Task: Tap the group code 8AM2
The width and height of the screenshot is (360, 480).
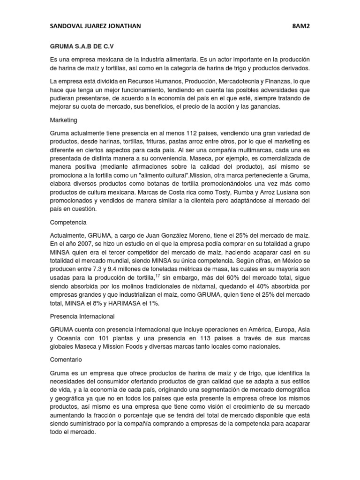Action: pos(300,26)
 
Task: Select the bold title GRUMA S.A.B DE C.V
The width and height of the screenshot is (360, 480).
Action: pos(82,47)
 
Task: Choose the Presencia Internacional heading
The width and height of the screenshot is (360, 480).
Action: pos(82,316)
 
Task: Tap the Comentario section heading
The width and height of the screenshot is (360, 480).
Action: pos(66,360)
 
